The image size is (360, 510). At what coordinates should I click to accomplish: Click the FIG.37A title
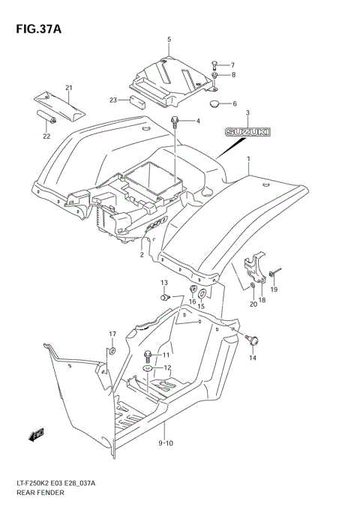coord(36,28)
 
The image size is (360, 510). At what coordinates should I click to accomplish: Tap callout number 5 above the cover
coord(169,39)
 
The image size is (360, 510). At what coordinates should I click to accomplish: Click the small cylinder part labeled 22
coord(44,116)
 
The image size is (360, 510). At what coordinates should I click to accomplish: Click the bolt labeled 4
coord(175,121)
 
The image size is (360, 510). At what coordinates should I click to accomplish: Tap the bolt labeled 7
coord(214,64)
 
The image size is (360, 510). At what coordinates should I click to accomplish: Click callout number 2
coord(140,255)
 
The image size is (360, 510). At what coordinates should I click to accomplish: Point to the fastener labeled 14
coord(257,341)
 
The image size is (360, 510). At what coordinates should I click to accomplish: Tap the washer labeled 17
coord(112,351)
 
